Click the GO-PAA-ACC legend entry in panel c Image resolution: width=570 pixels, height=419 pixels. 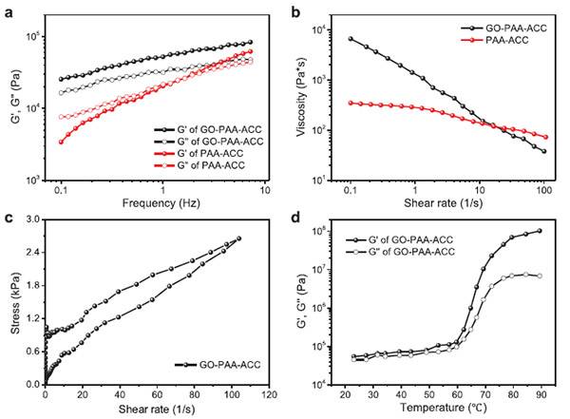[209, 364]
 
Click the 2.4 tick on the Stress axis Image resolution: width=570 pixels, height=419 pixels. [31, 253]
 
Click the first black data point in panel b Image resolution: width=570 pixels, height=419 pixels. [351, 39]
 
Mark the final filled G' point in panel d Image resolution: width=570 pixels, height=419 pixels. [540, 231]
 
